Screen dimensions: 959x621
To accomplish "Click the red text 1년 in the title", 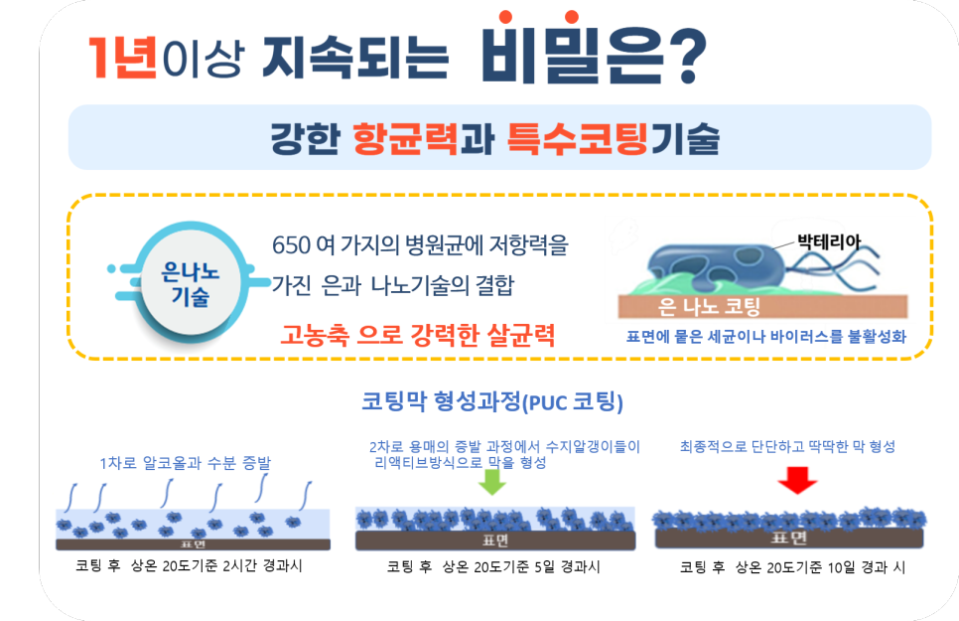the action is click(x=123, y=57).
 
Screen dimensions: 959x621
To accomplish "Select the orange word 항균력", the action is click(x=405, y=139).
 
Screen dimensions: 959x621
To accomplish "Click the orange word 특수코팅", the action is click(x=577, y=139).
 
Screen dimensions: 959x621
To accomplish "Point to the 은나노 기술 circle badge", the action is click(x=190, y=284).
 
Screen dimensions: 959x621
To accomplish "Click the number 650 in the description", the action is click(x=291, y=245).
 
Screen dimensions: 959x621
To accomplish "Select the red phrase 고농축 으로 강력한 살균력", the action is click(x=418, y=335).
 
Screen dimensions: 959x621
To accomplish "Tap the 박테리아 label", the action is click(x=829, y=241).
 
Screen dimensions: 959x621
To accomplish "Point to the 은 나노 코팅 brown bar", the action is click(x=762, y=306).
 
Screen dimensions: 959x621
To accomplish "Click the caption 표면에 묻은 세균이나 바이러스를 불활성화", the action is click(x=765, y=336).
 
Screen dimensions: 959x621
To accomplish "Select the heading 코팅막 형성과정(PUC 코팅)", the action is click(x=492, y=401).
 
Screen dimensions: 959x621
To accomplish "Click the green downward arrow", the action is click(x=491, y=481).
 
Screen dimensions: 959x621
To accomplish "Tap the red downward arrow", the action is click(x=797, y=480).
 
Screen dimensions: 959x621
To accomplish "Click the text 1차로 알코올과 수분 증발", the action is click(x=186, y=463).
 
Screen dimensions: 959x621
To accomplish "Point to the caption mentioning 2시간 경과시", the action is click(x=189, y=565).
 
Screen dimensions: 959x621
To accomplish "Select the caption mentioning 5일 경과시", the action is click(x=493, y=567).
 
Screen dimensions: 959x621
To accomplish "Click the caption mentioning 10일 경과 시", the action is click(x=792, y=567).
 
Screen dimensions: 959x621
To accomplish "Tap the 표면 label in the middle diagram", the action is click(x=495, y=541).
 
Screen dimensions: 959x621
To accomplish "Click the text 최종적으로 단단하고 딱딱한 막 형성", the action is click(x=788, y=446).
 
